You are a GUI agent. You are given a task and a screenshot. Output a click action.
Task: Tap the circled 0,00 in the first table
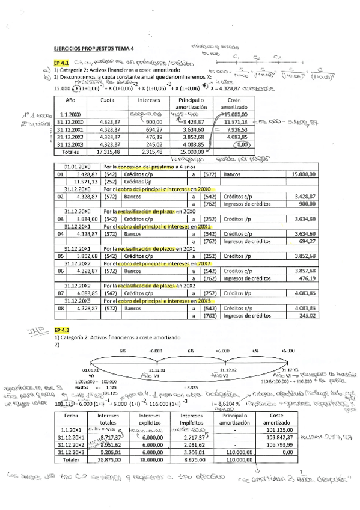click(x=242, y=145)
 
